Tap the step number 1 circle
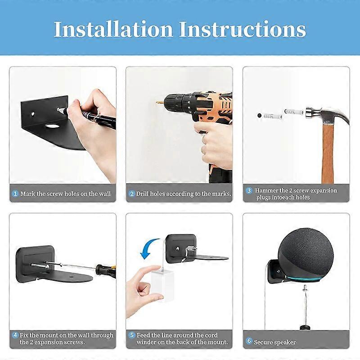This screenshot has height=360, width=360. (x=15, y=193)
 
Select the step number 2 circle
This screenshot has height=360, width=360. (x=131, y=193)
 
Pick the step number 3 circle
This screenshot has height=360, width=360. (x=248, y=190)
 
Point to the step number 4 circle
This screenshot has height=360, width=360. (x=15, y=335)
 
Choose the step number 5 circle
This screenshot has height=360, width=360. (x=131, y=335)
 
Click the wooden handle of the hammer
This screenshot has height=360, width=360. (x=328, y=153)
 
